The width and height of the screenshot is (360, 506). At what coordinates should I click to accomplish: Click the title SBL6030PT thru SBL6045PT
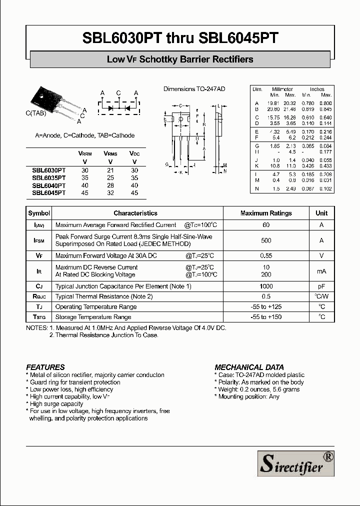(x=180, y=38)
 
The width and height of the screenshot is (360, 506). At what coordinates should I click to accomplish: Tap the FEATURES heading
(x=45, y=367)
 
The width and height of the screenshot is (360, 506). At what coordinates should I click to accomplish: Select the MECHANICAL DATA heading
(x=246, y=367)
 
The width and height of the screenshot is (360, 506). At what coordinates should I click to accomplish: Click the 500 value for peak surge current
(x=266, y=240)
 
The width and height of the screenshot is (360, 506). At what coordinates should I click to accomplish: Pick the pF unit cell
(x=321, y=286)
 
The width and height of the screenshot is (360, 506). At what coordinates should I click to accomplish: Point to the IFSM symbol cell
(x=39, y=240)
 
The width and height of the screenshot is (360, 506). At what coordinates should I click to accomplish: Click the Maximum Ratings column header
(x=266, y=213)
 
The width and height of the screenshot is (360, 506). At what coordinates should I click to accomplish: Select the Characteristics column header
(x=135, y=213)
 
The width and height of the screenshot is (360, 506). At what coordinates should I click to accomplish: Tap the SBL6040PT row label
(x=49, y=185)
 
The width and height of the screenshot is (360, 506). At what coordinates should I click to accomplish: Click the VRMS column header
(x=110, y=154)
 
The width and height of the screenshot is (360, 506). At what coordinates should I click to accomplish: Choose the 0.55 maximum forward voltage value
(x=266, y=255)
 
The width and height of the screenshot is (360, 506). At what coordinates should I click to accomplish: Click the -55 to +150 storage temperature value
(x=266, y=317)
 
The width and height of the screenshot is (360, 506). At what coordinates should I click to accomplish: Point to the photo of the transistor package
(x=55, y=101)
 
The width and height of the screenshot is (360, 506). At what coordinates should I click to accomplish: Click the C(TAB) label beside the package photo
(x=35, y=113)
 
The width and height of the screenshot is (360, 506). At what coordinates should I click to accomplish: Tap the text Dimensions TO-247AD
(x=194, y=89)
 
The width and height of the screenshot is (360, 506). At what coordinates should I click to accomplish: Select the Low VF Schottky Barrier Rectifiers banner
(x=180, y=59)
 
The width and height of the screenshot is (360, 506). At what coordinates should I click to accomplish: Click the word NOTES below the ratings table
(x=36, y=328)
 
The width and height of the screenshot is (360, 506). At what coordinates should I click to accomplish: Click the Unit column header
(x=321, y=213)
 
